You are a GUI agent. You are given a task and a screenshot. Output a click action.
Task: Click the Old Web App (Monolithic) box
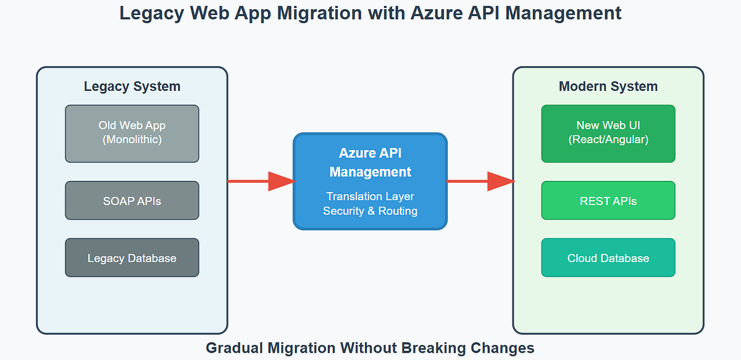tap(132, 133)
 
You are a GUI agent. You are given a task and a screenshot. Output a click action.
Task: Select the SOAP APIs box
tap(132, 201)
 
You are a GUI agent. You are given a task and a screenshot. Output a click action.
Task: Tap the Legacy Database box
tap(132, 257)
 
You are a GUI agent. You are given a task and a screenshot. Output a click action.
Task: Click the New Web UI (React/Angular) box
tap(608, 133)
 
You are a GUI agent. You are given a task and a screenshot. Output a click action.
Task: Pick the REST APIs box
tap(608, 201)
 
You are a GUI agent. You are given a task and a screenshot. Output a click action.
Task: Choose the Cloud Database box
tap(608, 257)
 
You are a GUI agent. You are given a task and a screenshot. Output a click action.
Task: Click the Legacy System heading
tap(132, 86)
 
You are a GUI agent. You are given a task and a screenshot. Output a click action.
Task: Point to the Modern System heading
tap(608, 86)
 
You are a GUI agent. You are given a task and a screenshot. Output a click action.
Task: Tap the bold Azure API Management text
tap(370, 162)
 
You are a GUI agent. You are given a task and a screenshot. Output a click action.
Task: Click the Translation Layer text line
tap(370, 196)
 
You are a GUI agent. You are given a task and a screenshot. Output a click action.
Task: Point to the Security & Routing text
tap(370, 211)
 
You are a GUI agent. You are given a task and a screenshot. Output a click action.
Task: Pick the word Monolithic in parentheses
tap(132, 140)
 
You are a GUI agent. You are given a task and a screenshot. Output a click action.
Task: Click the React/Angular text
tap(608, 140)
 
